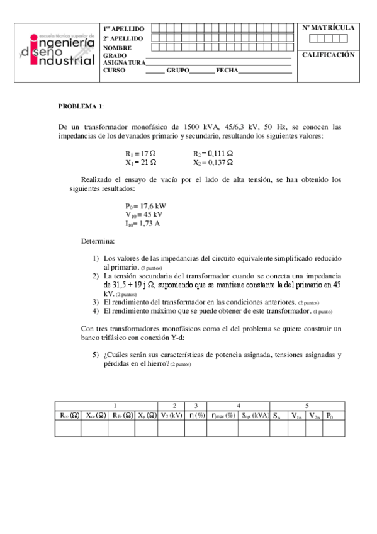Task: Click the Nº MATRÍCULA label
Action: (328, 28)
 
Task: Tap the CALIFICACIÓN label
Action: (328, 55)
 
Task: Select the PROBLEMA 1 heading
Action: (81, 105)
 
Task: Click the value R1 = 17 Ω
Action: (140, 153)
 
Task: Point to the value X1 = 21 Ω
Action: (140, 162)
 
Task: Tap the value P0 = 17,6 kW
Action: (145, 206)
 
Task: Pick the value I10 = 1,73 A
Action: (143, 223)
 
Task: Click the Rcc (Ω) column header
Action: (69, 415)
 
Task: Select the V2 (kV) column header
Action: (171, 415)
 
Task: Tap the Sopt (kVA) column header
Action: (254, 415)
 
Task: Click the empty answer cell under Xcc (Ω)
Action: (95, 428)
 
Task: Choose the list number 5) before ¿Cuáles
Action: (96, 355)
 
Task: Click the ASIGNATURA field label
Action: (124, 62)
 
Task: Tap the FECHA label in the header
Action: (227, 71)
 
